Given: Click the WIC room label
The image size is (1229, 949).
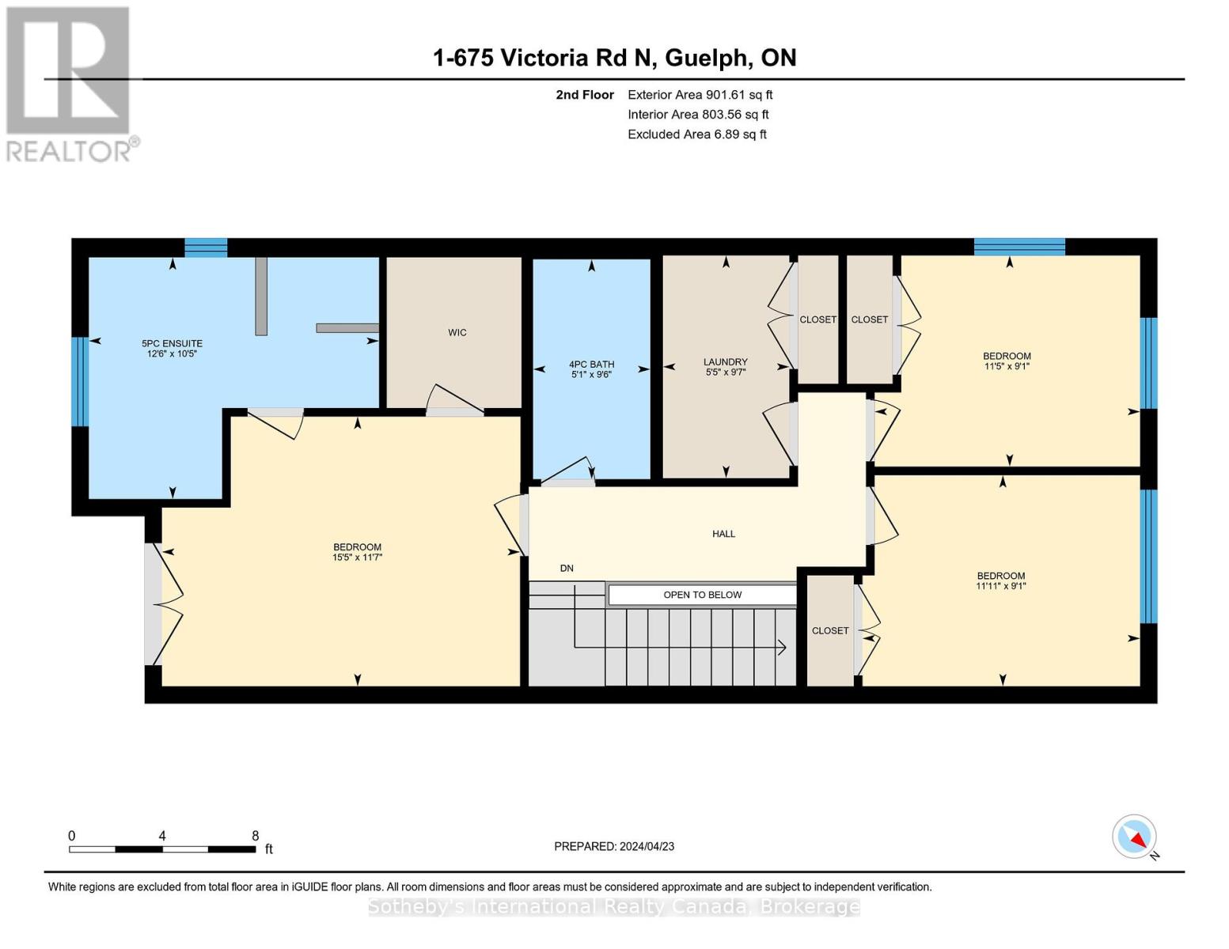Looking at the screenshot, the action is [x=457, y=332].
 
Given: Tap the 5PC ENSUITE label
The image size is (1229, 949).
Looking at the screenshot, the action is [x=172, y=344].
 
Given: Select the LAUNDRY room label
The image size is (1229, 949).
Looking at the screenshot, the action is [x=726, y=361].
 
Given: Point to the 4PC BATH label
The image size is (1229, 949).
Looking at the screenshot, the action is [x=592, y=365].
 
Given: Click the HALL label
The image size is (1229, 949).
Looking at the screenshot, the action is [x=723, y=534].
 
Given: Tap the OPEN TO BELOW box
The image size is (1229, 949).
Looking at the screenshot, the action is [x=702, y=595].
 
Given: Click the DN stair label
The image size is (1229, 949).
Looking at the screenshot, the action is [x=567, y=568].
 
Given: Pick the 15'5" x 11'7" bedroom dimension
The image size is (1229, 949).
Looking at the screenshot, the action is [x=358, y=558].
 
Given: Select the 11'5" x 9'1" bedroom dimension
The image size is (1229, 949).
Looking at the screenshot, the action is [x=1007, y=366].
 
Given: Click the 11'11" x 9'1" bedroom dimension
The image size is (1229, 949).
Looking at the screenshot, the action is [x=1001, y=586].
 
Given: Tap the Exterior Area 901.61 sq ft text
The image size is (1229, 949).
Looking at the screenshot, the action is [x=700, y=95].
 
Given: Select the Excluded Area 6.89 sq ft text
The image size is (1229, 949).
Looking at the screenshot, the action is [x=697, y=134].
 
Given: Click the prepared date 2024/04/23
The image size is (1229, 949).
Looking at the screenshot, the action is [x=647, y=847].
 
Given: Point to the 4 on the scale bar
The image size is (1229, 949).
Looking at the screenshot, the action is [x=162, y=836].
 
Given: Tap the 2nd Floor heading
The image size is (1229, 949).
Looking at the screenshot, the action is [x=585, y=95].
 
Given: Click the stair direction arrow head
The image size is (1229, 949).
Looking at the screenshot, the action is [x=783, y=647].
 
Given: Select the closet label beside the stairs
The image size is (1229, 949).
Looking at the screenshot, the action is [x=830, y=631].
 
